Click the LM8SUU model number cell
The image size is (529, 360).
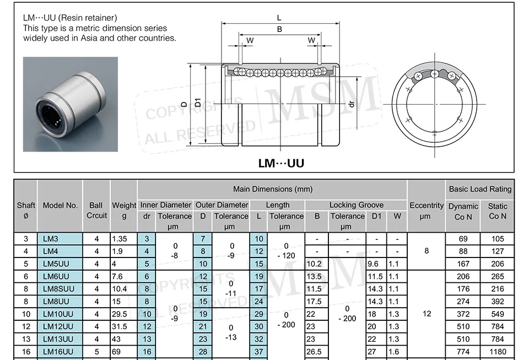coord(60,289)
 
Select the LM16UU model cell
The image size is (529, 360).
coord(60,352)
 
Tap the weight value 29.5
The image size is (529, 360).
coord(120,314)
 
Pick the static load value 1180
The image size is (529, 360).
coord(498,352)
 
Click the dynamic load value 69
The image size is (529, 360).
coord(463,239)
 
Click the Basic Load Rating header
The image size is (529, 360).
coord(480,189)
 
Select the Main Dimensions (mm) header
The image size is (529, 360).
coord(273,189)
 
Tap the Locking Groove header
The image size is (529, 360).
coord(357,205)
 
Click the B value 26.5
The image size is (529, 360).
coord(314,352)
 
